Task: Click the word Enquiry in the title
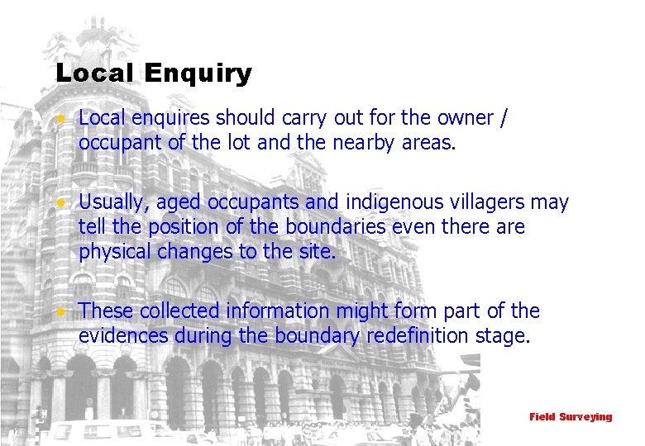[197, 74]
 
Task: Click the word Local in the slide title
[94, 73]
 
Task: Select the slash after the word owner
[504, 119]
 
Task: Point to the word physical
[114, 252]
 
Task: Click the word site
[316, 251]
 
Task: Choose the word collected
[180, 311]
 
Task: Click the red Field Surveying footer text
[571, 417]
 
